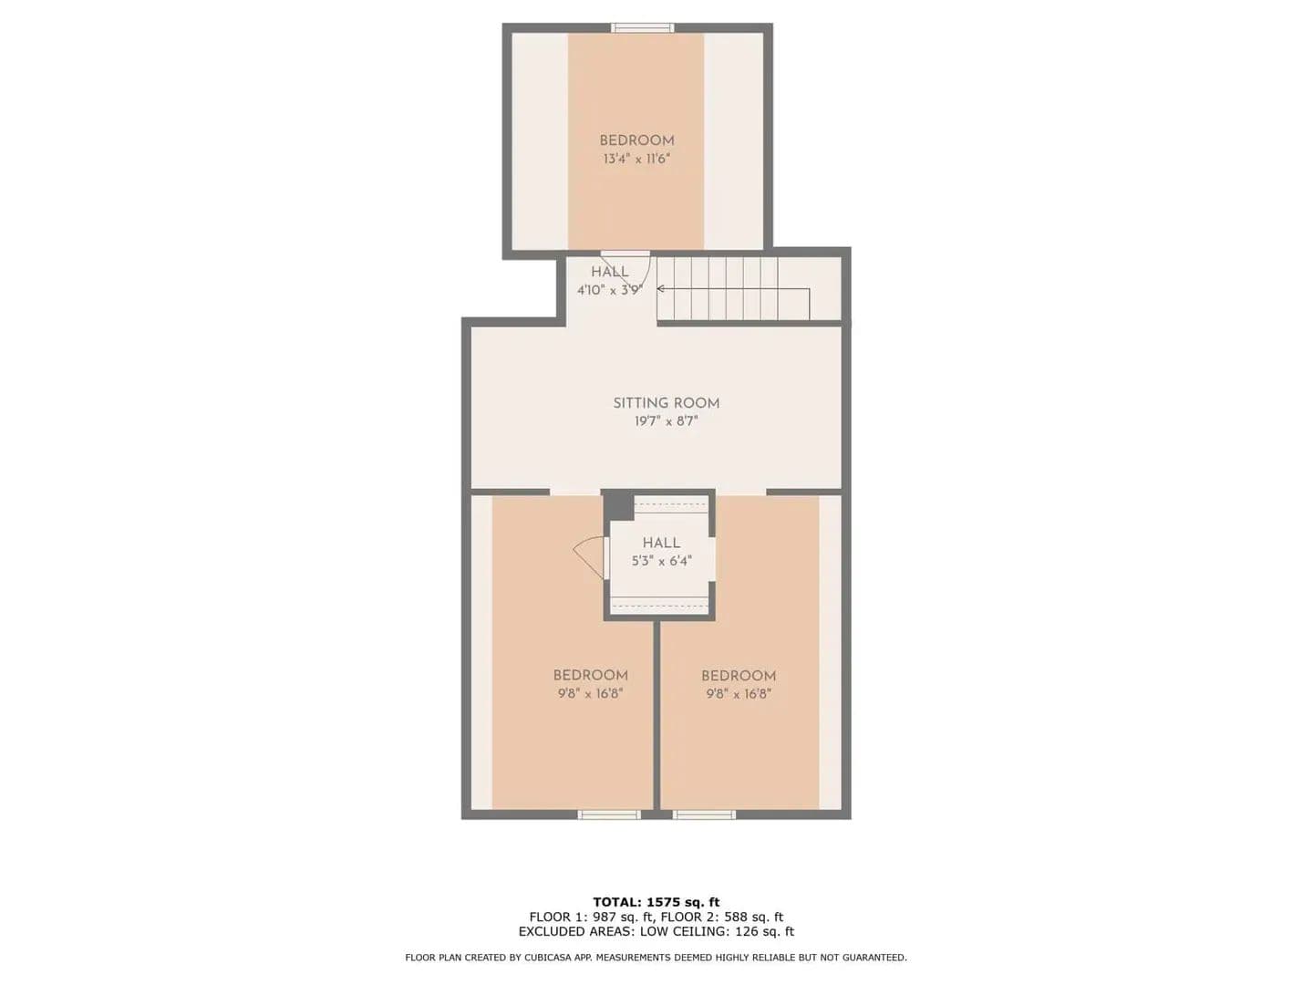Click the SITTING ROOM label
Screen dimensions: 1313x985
point(666,403)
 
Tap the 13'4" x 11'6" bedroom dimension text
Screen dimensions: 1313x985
point(636,159)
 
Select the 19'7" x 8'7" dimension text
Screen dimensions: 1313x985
point(666,421)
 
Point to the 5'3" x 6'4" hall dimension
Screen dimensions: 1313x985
point(662,561)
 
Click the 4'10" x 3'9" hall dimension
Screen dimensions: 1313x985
point(610,290)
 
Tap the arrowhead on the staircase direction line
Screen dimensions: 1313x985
point(661,289)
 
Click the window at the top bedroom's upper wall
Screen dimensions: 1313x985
point(642,27)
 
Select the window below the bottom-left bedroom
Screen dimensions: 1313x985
point(608,814)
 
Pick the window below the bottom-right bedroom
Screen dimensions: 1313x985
point(704,814)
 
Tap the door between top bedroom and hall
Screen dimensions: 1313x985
point(625,254)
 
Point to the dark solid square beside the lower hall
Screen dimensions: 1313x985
point(617,505)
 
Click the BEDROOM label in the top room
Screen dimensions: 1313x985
point(636,140)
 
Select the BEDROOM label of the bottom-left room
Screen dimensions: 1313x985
point(591,675)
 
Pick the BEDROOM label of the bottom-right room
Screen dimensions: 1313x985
point(739,676)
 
